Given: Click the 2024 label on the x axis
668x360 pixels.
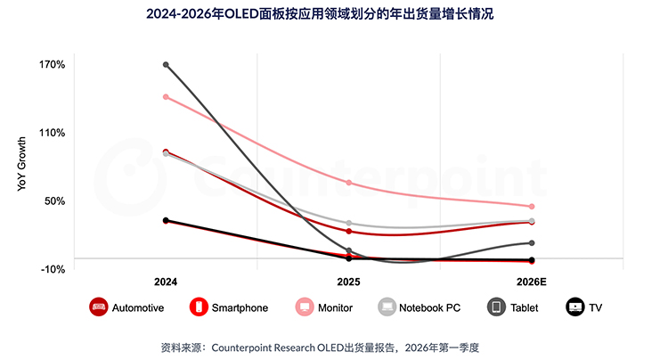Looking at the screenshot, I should click(x=165, y=282).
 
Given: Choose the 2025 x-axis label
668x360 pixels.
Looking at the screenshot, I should click(x=348, y=282).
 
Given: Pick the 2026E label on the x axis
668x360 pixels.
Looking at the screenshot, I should click(x=531, y=282).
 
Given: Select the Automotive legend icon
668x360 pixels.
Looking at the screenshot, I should click(x=99, y=307).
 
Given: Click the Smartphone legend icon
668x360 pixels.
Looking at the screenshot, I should click(x=200, y=307).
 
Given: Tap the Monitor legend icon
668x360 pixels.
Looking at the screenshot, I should click(x=304, y=307).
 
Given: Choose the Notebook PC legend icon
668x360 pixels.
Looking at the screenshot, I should click(x=387, y=307).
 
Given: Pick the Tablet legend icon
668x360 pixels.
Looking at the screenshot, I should click(x=496, y=307).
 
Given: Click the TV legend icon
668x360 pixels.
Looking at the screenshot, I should click(x=574, y=307).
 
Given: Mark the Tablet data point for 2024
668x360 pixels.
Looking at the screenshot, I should click(x=166, y=64).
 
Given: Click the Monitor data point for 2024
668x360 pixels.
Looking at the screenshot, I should click(x=166, y=96).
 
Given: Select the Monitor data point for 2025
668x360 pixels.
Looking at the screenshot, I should click(x=348, y=183).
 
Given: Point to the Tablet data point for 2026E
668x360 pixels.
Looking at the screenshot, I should click(x=532, y=242).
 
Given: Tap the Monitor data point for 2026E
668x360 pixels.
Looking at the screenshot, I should click(x=532, y=207).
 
